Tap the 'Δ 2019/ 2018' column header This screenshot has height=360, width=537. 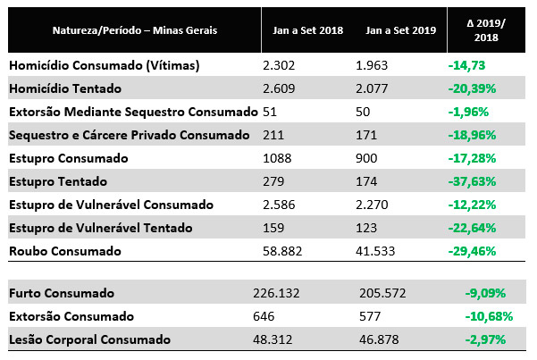486,30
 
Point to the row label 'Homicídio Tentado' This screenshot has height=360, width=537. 65,88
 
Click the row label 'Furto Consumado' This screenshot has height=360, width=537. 61,294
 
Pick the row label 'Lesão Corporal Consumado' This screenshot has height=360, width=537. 88,340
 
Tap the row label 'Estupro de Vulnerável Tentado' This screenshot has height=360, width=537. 101,228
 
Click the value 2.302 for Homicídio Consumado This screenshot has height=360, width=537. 279,65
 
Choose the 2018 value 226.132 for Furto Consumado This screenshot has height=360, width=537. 287,294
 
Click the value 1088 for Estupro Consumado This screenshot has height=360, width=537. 277,158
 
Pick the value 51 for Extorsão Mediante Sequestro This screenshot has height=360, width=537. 268,112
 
